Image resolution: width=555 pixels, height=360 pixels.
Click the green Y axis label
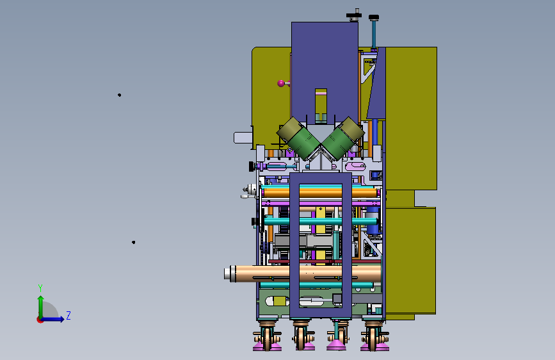[40, 288]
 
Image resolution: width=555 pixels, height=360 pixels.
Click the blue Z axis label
[68, 315]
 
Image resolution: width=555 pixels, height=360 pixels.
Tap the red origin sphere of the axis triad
[40, 320]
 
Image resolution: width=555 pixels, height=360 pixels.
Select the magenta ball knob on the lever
[281, 83]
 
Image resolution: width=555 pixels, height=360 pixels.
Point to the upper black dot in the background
[119, 95]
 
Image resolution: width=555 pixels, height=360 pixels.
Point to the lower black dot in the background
[133, 242]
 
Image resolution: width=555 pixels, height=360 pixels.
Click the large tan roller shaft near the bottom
[305, 274]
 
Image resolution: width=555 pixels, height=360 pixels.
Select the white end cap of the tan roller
[227, 274]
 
